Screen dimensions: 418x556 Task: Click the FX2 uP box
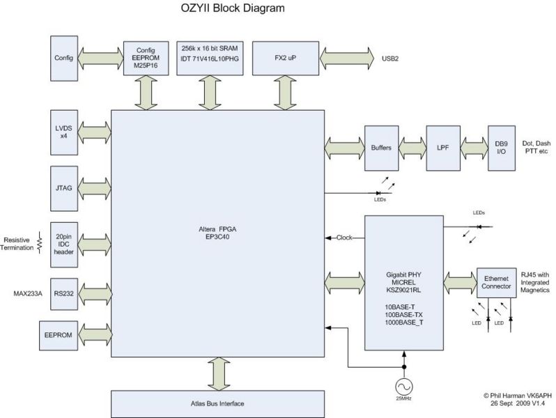(x=284, y=56)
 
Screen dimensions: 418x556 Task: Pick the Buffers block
(x=381, y=148)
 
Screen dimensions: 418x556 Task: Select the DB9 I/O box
(x=500, y=148)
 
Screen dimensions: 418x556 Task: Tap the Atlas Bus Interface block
(x=217, y=403)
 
